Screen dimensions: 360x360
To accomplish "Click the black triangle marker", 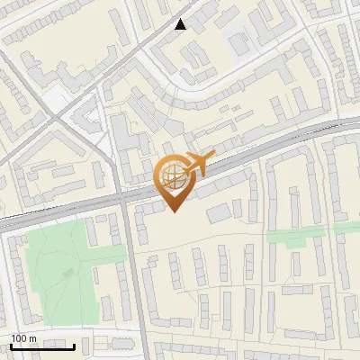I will click(181, 24).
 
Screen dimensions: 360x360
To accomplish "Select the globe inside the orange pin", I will click(174, 175).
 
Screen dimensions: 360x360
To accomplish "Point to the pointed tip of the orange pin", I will click(174, 211).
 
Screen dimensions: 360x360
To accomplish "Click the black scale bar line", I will click(42, 346).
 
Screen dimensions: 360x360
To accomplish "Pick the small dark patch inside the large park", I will click(68, 272).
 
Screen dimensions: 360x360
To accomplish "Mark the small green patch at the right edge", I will click(347, 228).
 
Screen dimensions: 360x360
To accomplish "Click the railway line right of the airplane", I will click(270, 148).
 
